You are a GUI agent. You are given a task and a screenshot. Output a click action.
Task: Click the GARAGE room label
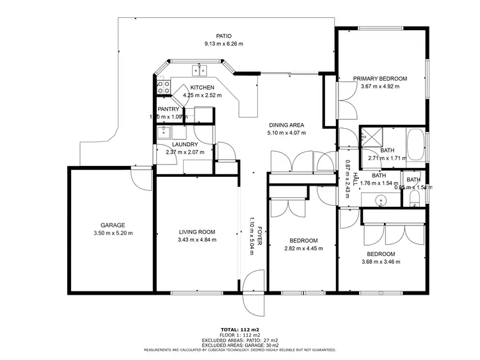[112, 225]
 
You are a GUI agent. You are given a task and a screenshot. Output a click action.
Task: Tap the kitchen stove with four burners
[163, 86]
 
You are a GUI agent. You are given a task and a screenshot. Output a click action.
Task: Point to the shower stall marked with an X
[370, 136]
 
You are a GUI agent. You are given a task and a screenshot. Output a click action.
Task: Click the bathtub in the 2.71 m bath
[416, 145]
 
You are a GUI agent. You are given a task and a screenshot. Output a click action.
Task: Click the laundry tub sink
[163, 133]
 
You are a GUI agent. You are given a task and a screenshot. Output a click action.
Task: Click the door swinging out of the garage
[138, 177]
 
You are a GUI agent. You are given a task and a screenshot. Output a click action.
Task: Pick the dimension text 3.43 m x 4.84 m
[196, 240]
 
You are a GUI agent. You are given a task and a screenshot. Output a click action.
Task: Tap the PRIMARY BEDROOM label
[380, 79]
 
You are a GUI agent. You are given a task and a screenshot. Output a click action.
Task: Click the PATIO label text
[223, 36]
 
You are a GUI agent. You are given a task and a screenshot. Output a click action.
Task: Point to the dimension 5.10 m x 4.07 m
[286, 133]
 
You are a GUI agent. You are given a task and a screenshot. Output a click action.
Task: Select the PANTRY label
[170, 110]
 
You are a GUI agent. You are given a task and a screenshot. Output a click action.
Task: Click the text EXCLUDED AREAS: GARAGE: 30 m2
[239, 345]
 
